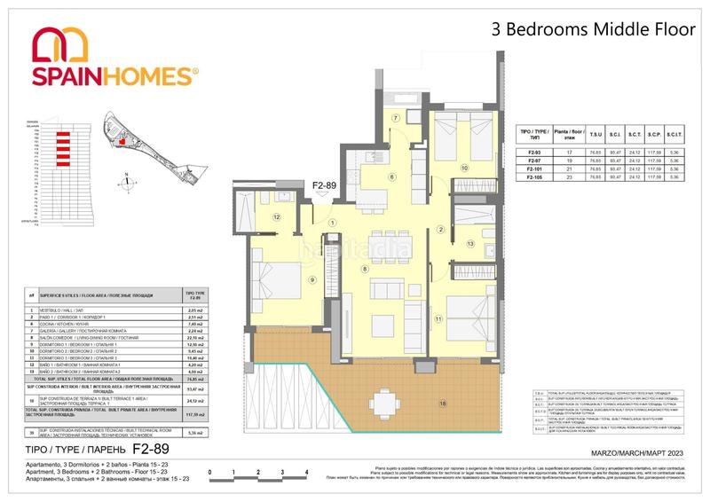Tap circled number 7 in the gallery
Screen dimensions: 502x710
[x=397, y=118]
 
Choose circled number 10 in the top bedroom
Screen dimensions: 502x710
[x=463, y=168]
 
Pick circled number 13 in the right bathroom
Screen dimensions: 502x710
[x=470, y=242]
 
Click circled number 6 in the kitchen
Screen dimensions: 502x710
[x=391, y=176]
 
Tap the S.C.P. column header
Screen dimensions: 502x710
[x=655, y=136]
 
